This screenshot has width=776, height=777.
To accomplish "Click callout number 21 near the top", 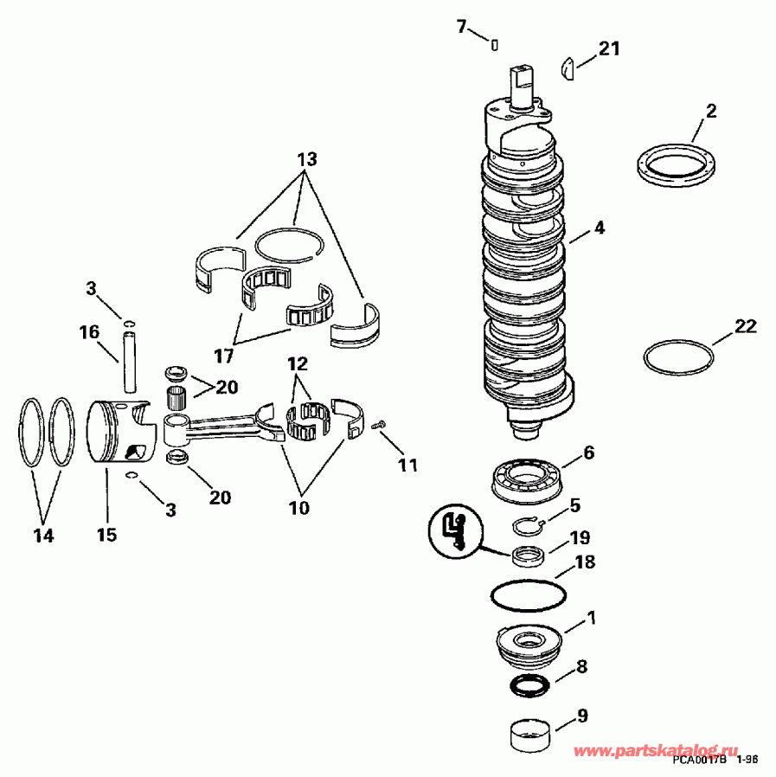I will point(610,49).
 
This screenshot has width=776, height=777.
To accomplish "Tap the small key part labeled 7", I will point(494,44).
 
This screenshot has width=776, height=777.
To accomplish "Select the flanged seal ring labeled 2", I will point(675,164).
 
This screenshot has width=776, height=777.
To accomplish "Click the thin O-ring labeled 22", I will point(679,356).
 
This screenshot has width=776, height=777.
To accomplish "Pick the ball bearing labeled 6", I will point(525,477).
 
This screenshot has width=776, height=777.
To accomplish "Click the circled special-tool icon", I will point(454,530).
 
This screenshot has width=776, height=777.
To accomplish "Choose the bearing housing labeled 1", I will point(527,645).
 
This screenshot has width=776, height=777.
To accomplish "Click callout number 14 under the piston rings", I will point(43,536).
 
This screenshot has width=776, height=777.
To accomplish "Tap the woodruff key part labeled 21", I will point(568,67).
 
